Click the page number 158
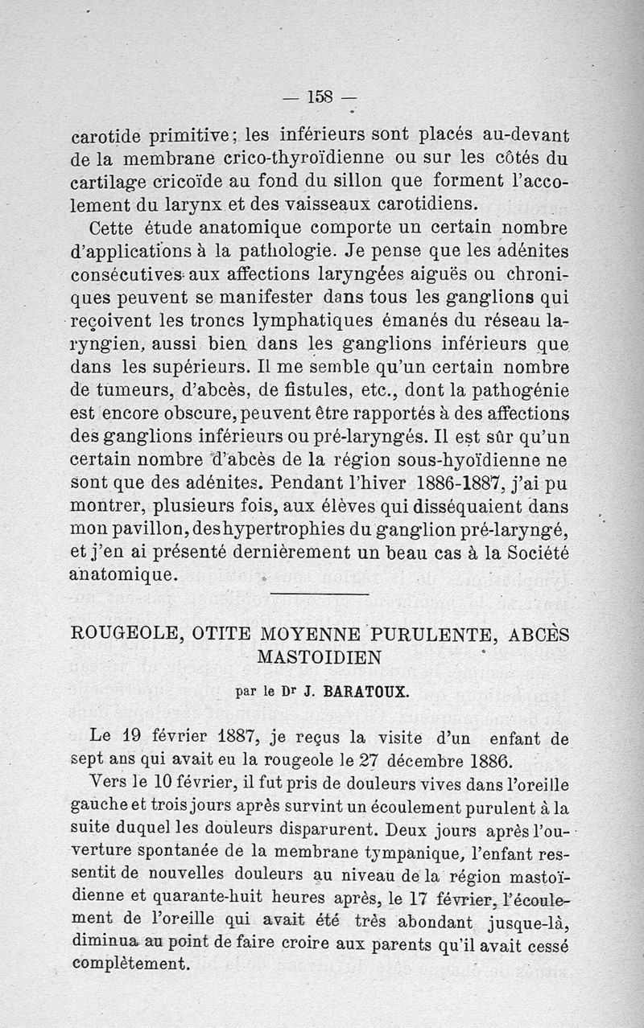(x=320, y=97)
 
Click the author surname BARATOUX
(x=355, y=691)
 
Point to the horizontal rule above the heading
(x=320, y=594)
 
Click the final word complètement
(x=130, y=963)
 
